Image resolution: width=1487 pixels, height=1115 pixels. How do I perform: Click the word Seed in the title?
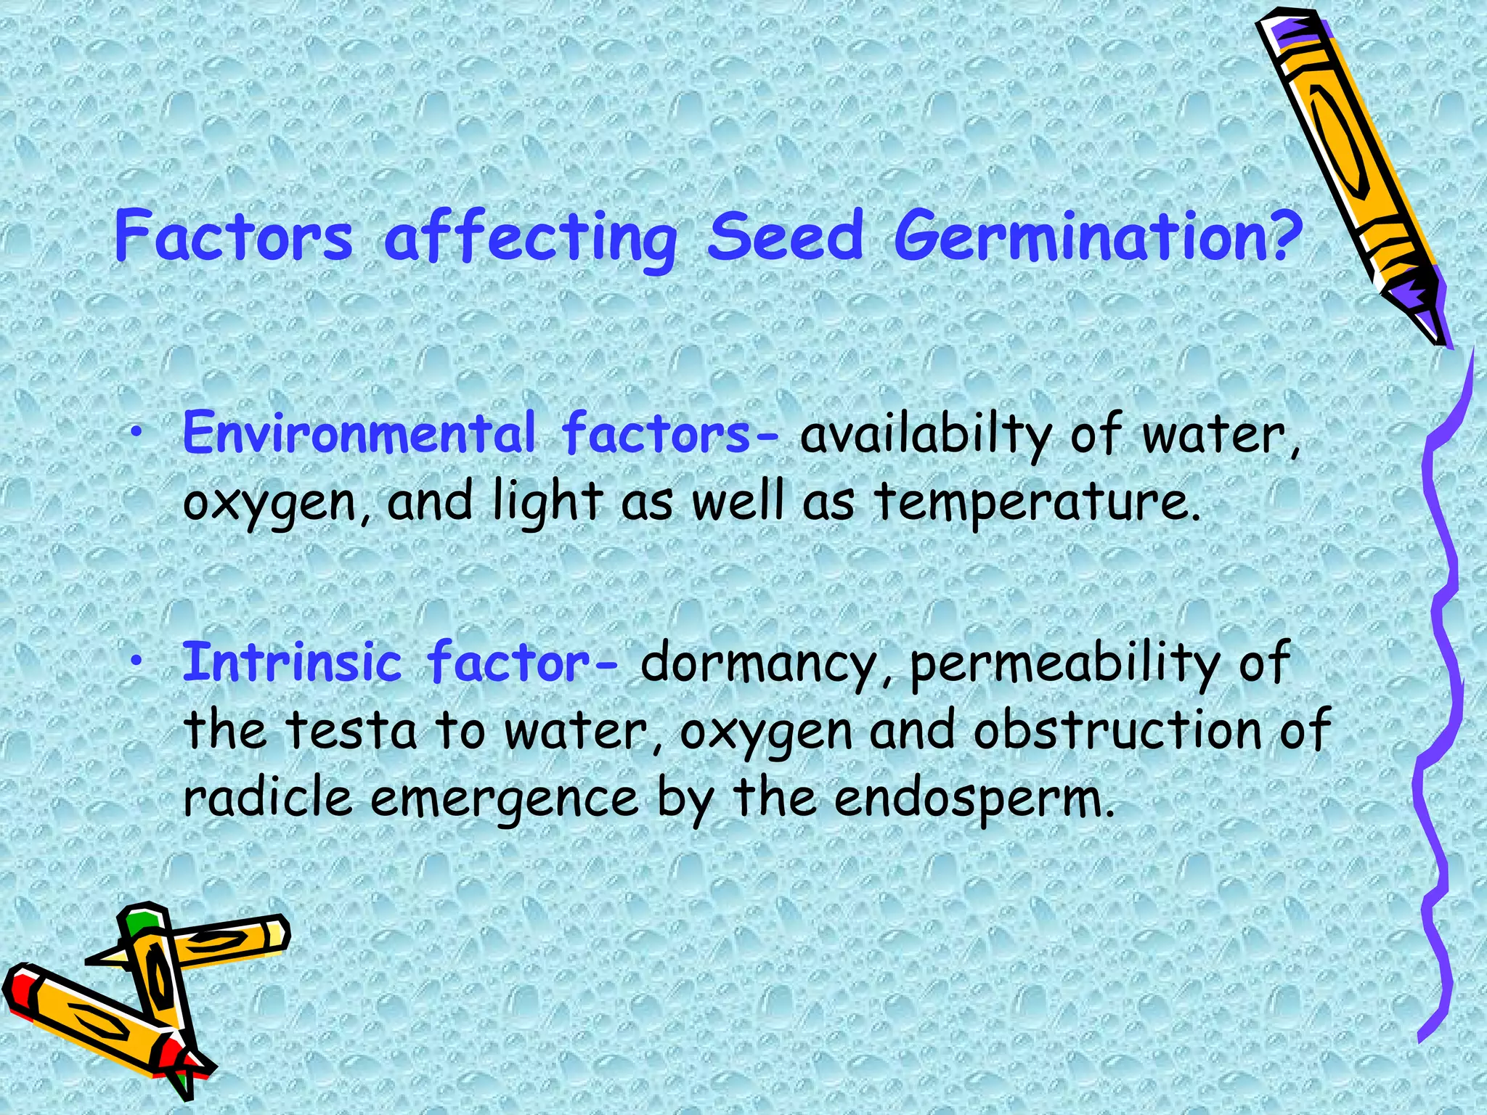[x=786, y=237]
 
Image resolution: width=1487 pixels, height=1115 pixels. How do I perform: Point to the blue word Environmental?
[x=359, y=433]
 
